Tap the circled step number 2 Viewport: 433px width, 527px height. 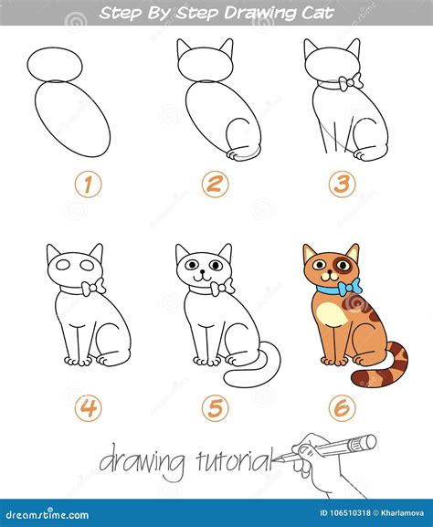point(215,185)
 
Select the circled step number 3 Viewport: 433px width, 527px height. point(342,185)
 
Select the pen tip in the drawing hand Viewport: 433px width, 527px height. point(285,455)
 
